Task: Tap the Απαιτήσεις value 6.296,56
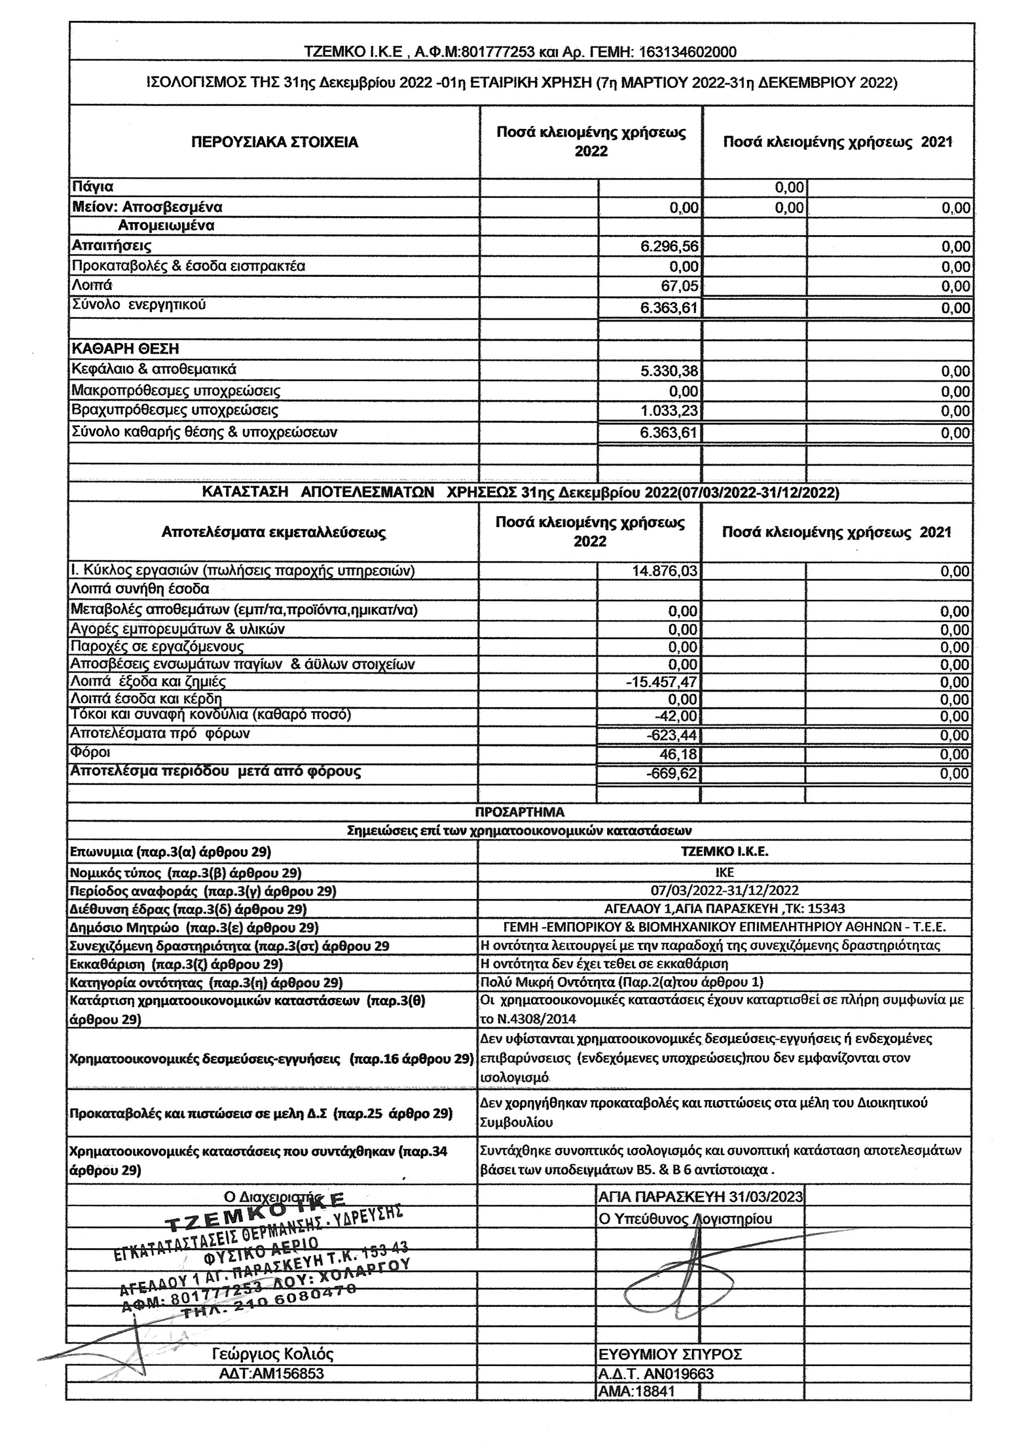pyautogui.click(x=669, y=247)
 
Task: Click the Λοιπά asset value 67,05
pyautogui.click(x=682, y=286)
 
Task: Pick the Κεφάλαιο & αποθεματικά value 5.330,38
pyautogui.click(x=669, y=371)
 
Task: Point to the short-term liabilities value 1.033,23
pyautogui.click(x=669, y=411)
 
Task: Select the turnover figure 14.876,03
pyautogui.click(x=665, y=571)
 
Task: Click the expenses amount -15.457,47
pyautogui.click(x=661, y=682)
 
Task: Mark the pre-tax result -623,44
pyautogui.click(x=674, y=735)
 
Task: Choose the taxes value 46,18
pyautogui.click(x=682, y=754)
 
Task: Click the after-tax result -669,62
pyautogui.click(x=674, y=773)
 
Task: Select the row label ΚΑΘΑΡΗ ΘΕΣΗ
pyautogui.click(x=125, y=348)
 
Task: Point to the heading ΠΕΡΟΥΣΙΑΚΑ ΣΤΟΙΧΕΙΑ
pyautogui.click(x=274, y=142)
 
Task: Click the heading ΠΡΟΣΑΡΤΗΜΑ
pyautogui.click(x=519, y=812)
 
